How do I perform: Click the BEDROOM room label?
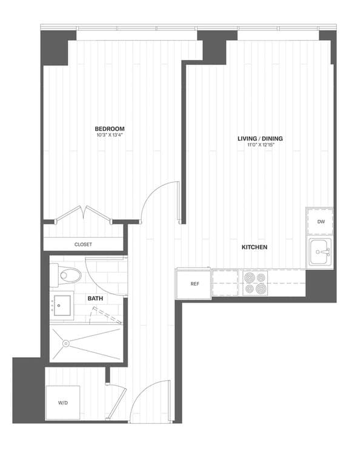point(110,128)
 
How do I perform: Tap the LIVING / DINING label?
point(259,139)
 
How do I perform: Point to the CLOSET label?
point(83,245)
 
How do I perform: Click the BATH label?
point(95,298)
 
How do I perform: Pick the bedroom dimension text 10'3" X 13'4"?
point(110,136)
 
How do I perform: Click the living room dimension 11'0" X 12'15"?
point(259,146)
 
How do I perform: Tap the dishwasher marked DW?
point(321,222)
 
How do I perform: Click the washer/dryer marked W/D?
point(63,402)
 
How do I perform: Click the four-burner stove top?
point(255,282)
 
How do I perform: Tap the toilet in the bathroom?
point(68,276)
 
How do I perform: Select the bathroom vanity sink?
point(61,306)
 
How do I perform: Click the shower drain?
point(65,344)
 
